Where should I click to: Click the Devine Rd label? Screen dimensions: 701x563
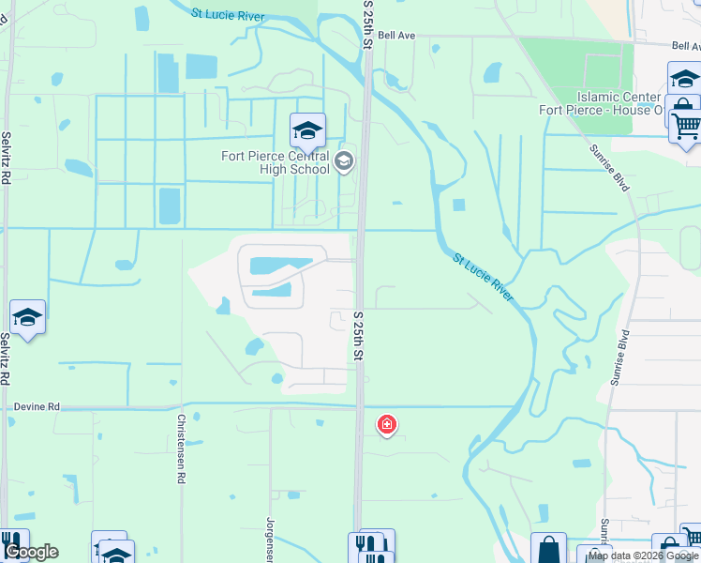37,406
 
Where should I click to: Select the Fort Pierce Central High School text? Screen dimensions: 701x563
276,162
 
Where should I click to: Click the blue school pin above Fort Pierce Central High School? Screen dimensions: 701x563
307,132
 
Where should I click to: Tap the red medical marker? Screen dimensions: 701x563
386,425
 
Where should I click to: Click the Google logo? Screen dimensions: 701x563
32,552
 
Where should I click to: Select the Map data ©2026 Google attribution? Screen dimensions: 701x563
643,555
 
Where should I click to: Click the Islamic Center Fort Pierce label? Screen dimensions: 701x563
619,103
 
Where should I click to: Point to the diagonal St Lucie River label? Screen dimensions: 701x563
483,277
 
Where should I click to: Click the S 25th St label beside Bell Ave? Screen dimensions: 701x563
368,26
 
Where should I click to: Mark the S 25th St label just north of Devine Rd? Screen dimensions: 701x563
358,335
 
